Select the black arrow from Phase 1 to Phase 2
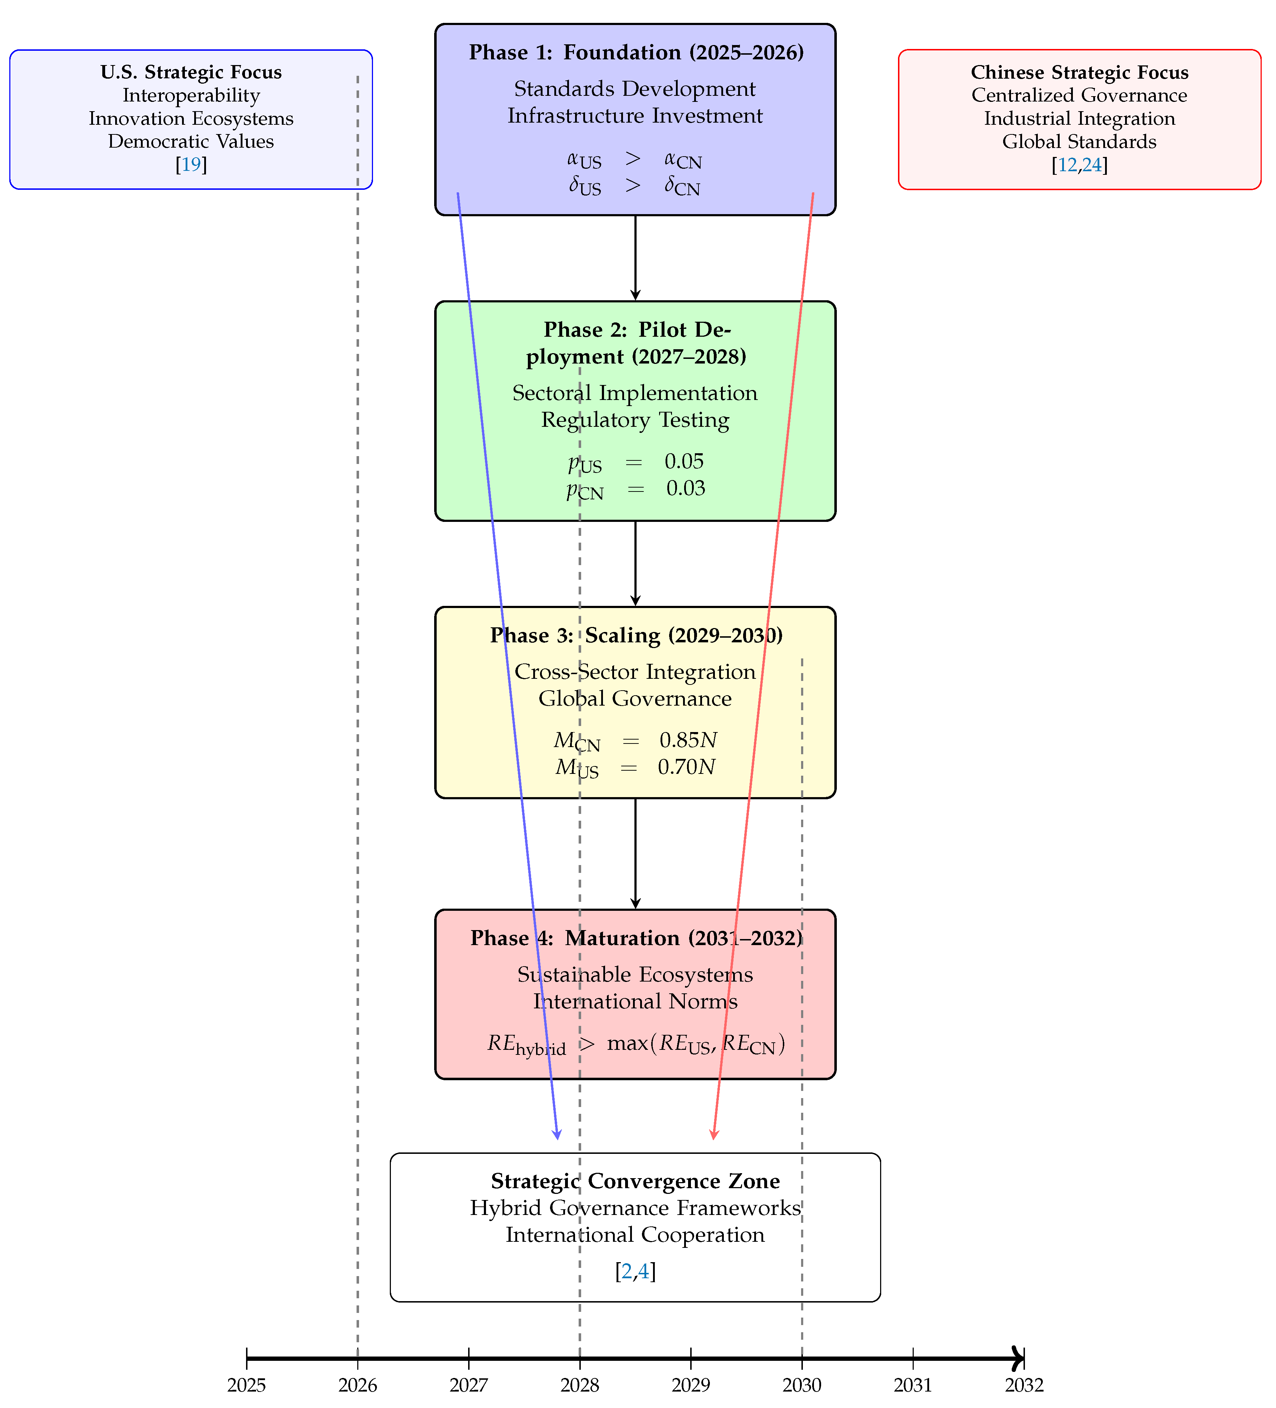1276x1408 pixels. [x=635, y=258]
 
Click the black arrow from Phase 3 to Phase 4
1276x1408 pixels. [x=635, y=854]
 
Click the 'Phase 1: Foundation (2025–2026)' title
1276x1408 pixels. [x=636, y=53]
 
